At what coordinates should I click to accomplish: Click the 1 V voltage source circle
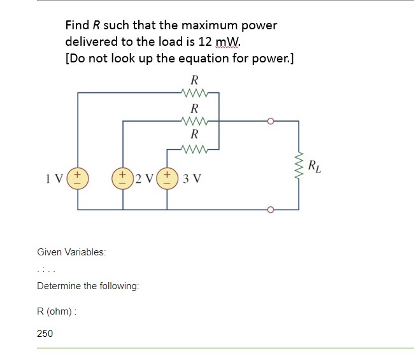(x=78, y=176)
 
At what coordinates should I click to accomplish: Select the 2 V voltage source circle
(x=122, y=176)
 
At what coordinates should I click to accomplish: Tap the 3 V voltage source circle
(x=168, y=176)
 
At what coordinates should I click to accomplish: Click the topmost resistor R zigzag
(x=194, y=93)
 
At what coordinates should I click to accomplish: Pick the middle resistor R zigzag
(x=194, y=120)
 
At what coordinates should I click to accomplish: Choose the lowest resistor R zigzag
(x=194, y=149)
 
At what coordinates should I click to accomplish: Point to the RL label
(x=314, y=168)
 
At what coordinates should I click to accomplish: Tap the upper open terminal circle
(x=271, y=120)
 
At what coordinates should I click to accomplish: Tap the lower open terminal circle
(x=271, y=210)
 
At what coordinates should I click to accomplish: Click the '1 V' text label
(x=55, y=177)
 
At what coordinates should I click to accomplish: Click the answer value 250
(x=45, y=333)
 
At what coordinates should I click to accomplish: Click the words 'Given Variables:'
(x=71, y=252)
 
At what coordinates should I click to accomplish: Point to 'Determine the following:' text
(x=88, y=286)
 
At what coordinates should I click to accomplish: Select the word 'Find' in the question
(x=78, y=25)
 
